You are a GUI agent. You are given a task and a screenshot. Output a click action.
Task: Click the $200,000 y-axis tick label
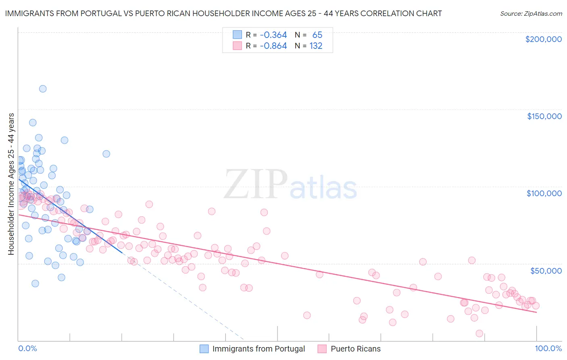pyautogui.click(x=543, y=39)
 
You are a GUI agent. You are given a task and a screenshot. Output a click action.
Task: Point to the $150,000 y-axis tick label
pyautogui.click(x=544, y=116)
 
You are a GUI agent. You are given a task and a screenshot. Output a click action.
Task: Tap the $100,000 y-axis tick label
pyautogui.click(x=544, y=193)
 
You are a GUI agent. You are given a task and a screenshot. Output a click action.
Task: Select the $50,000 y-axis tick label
pyautogui.click(x=546, y=270)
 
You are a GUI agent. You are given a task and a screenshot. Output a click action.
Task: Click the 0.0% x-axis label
pyautogui.click(x=27, y=349)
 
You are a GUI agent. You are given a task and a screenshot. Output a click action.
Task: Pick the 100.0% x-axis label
pyautogui.click(x=548, y=349)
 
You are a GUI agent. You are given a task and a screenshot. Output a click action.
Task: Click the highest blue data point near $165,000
pyautogui.click(x=43, y=89)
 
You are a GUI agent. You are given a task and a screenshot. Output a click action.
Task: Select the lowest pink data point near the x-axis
pyautogui.click(x=479, y=333)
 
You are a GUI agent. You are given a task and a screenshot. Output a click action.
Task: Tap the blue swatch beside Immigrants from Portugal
pyautogui.click(x=204, y=349)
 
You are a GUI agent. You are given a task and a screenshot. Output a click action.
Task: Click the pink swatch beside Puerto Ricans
pyautogui.click(x=322, y=349)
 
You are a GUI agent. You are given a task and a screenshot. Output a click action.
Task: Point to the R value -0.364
pyautogui.click(x=273, y=35)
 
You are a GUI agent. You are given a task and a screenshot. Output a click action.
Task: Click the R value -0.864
pyautogui.click(x=273, y=46)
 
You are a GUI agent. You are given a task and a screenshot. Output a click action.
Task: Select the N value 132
pyautogui.click(x=316, y=46)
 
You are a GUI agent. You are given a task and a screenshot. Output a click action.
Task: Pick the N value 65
pyautogui.click(x=317, y=35)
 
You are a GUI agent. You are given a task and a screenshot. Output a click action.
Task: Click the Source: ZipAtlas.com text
pyautogui.click(x=531, y=14)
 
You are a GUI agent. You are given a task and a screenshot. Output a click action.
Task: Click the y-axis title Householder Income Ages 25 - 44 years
pyautogui.click(x=11, y=184)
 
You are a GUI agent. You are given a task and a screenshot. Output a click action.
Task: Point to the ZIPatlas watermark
pyautogui.click(x=290, y=185)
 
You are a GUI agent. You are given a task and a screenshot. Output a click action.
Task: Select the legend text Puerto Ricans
pyautogui.click(x=355, y=349)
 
